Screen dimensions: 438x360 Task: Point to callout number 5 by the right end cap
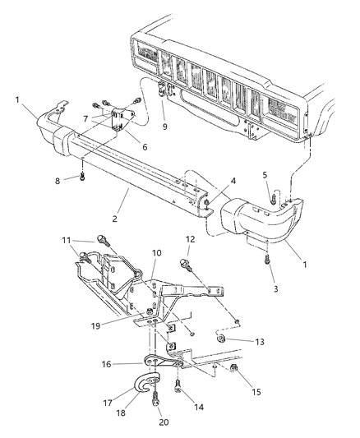(265, 174)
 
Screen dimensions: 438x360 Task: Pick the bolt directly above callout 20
(155, 403)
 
